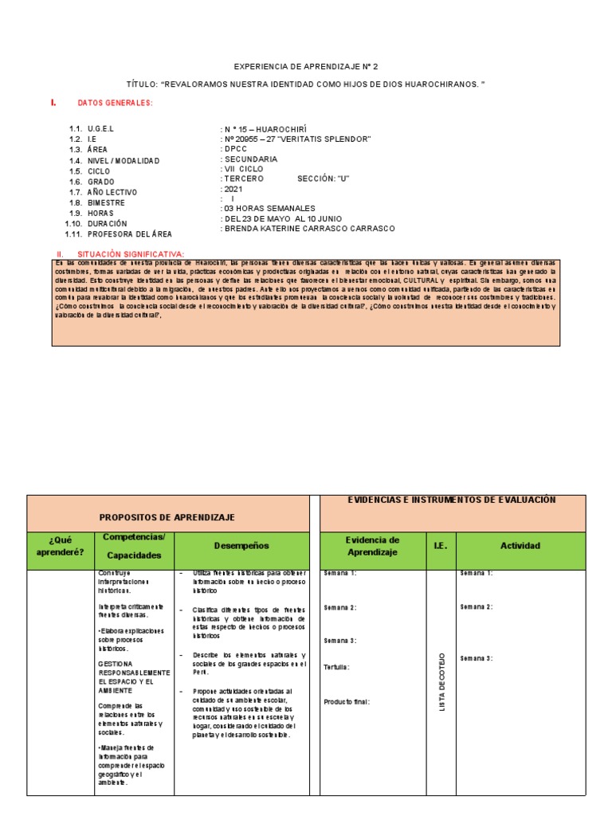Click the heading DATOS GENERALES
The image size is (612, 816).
click(x=115, y=104)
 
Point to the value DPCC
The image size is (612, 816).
click(x=236, y=149)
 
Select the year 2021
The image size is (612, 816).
click(x=233, y=190)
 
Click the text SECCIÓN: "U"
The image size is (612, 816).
click(x=324, y=178)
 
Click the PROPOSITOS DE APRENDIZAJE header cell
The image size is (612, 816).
click(x=167, y=517)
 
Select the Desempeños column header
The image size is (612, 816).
click(x=241, y=546)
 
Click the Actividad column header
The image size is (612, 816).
click(x=520, y=546)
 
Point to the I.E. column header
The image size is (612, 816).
click(x=441, y=546)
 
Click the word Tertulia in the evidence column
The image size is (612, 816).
click(x=336, y=667)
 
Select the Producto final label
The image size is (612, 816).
click(x=347, y=702)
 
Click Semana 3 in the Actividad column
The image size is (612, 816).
click(x=477, y=658)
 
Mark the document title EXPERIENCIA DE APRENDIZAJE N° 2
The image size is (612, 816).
click(x=305, y=67)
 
